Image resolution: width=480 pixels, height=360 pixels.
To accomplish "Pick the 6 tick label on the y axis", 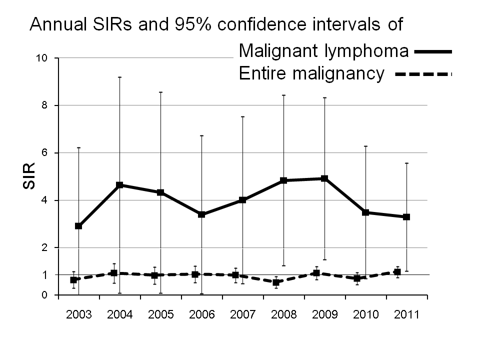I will click(x=44, y=153).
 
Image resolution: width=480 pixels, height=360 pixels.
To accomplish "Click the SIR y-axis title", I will click(x=29, y=176).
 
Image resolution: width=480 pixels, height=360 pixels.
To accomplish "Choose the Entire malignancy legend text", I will click(x=312, y=73).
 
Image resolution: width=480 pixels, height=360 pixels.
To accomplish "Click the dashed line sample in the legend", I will click(x=423, y=74).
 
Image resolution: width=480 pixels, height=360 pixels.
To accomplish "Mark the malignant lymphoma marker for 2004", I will click(x=119, y=185).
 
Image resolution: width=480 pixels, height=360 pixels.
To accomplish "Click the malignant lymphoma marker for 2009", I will click(x=324, y=178).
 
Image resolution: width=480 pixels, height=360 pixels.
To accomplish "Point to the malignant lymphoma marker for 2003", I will click(x=78, y=226).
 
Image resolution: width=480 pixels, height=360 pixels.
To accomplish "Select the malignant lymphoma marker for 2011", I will click(x=406, y=217).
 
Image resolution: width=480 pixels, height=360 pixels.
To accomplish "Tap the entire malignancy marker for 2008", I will click(x=275, y=282).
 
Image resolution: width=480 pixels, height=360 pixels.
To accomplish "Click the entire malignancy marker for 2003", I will click(x=73, y=280).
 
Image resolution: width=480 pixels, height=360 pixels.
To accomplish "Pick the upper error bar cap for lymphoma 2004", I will click(x=119, y=77).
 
